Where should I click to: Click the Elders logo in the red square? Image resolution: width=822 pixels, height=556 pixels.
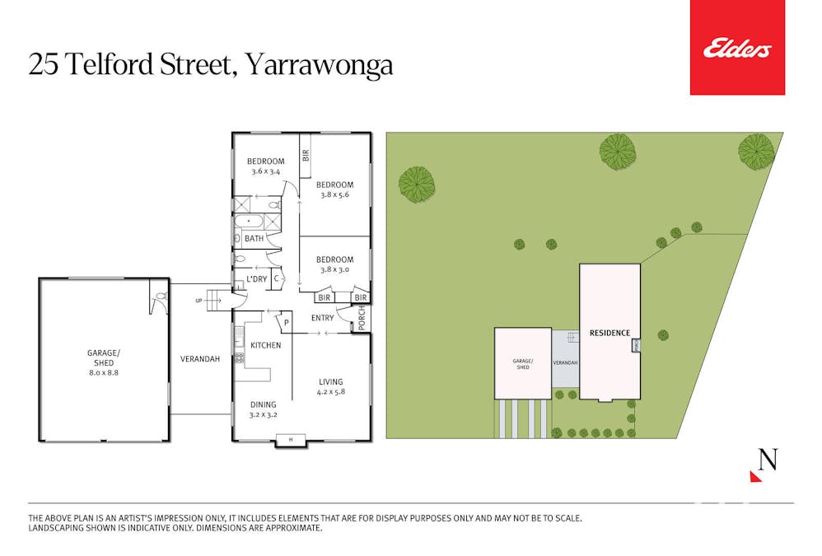(737, 49)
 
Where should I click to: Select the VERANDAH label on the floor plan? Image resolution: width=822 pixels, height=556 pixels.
(200, 359)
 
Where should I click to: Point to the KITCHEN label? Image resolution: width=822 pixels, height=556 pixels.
(266, 345)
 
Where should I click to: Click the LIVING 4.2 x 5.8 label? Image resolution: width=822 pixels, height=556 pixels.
(331, 387)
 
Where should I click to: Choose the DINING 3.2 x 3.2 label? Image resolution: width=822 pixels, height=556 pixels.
(264, 409)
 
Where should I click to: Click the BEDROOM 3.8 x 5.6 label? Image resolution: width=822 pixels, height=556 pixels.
(334, 189)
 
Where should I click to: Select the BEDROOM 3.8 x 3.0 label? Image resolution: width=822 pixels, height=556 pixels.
(334, 264)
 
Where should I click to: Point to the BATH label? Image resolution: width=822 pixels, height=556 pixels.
(254, 239)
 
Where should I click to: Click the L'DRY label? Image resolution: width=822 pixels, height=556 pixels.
(256, 279)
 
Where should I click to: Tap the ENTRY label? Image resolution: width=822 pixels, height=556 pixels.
(323, 318)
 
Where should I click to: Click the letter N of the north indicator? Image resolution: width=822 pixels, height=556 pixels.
(768, 460)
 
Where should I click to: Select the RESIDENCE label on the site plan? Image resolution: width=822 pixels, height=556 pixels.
(609, 334)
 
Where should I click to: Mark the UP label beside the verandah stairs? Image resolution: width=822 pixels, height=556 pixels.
(198, 301)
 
